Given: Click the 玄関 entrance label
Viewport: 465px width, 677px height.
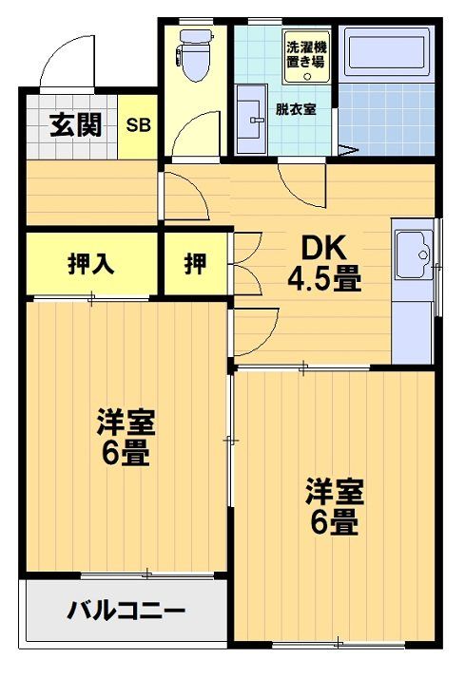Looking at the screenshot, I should [x=77, y=125].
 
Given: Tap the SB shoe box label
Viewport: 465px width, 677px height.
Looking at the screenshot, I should [x=139, y=125].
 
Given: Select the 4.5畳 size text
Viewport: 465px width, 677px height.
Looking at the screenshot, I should [x=325, y=280].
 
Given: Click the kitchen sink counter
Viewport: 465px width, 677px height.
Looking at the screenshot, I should [x=415, y=294].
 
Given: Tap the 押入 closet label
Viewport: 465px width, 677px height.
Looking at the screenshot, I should [x=90, y=264].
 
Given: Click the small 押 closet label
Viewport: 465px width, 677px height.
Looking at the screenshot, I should [x=195, y=264].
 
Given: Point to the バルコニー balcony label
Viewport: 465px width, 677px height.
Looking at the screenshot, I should [x=126, y=611].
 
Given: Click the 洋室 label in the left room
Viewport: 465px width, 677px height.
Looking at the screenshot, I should [x=126, y=421].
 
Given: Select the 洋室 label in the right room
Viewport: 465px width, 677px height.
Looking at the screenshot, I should [x=334, y=492].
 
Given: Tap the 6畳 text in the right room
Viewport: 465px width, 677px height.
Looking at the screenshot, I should [x=334, y=523].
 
